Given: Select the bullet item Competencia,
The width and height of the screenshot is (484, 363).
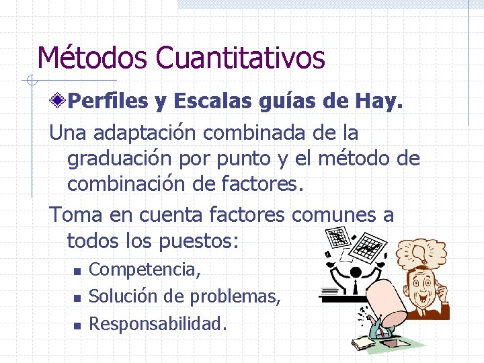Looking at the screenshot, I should click(145, 270).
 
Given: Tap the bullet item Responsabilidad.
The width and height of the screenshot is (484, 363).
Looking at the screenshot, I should click(158, 324).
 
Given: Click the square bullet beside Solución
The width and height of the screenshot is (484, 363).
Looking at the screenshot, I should click(77, 298).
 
